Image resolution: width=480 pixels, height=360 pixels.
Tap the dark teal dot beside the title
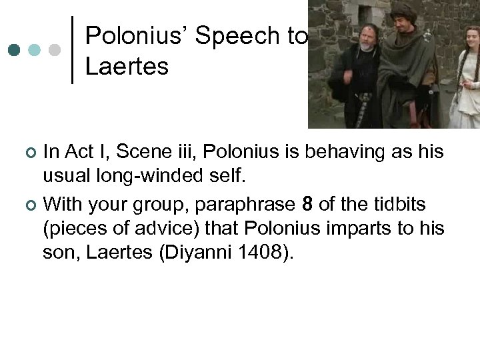[14, 50]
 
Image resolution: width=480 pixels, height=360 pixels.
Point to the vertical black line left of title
[71, 50]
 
